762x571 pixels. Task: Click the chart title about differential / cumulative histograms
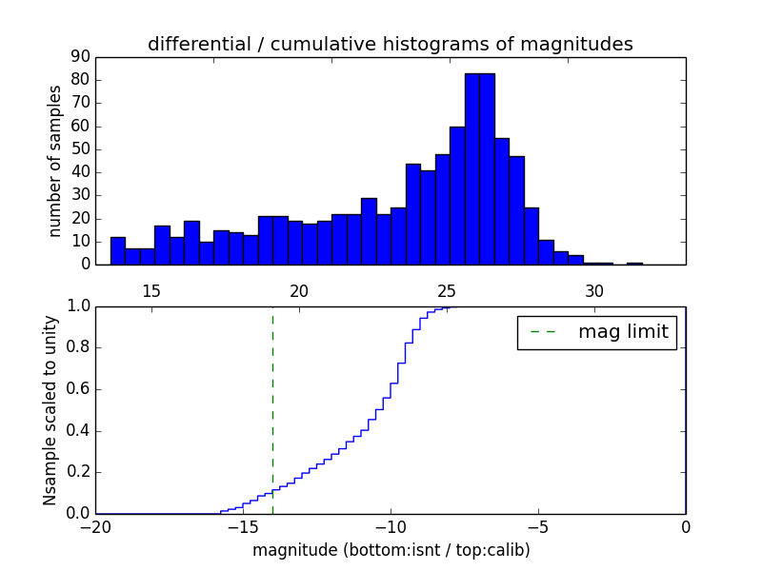[390, 45]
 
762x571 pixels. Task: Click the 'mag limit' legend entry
[596, 332]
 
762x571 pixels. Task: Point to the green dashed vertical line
[272, 400]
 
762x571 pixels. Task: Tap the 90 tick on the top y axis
[79, 57]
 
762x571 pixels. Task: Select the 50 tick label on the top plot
[79, 149]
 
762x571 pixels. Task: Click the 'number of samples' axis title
[55, 161]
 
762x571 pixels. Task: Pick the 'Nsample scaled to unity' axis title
[50, 410]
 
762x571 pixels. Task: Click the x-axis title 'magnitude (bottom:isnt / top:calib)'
[391, 550]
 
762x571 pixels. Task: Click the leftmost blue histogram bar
[118, 251]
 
